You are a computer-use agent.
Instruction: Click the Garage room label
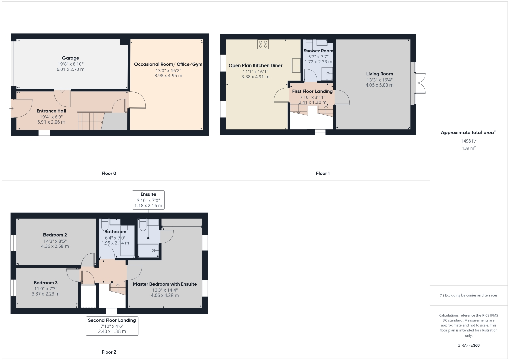[70, 58]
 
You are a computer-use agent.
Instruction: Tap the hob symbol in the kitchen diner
[263, 44]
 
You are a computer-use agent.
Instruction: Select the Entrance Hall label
[51, 111]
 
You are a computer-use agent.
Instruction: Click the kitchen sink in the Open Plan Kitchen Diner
[296, 65]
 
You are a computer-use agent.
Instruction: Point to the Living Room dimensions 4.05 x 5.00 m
[379, 85]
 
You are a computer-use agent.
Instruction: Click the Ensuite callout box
[148, 200]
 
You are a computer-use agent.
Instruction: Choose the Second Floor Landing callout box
[112, 325]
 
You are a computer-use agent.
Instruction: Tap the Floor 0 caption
[109, 173]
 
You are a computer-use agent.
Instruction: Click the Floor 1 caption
[323, 173]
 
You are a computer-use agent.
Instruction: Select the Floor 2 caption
[109, 352]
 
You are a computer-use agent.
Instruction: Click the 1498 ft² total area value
[468, 141]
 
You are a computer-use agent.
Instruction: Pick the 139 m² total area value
[468, 148]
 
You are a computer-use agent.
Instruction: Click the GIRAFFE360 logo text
[468, 345]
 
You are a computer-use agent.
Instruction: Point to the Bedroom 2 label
[55, 235]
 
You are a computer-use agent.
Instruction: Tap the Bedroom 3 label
[46, 283]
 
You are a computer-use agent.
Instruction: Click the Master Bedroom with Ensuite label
[165, 284]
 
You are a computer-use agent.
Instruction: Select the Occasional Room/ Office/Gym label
[168, 64]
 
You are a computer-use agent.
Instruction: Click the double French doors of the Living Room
[420, 83]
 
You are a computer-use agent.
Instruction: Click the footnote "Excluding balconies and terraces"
[468, 295]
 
